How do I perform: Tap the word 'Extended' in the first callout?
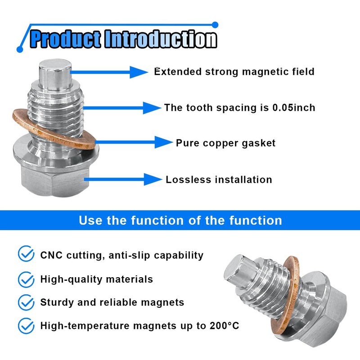click(177, 72)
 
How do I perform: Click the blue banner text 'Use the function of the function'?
click(180, 220)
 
